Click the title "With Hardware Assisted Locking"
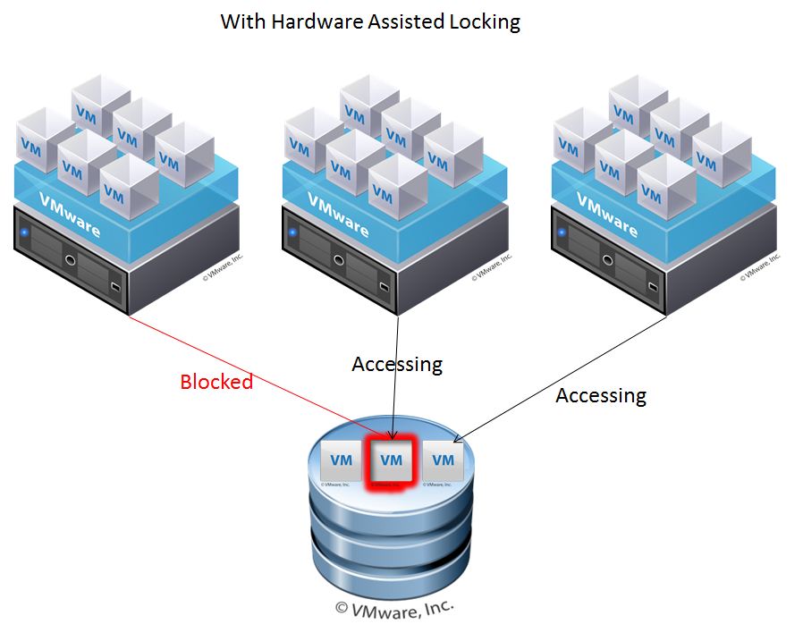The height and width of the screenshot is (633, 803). pyautogui.click(x=370, y=21)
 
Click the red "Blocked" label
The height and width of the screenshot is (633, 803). pyautogui.click(x=216, y=382)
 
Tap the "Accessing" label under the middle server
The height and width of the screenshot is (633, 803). pyautogui.click(x=397, y=364)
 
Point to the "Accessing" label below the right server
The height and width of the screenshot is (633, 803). pyautogui.click(x=601, y=395)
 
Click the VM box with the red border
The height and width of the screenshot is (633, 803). pyautogui.click(x=392, y=460)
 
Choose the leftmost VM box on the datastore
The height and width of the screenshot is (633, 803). pyautogui.click(x=341, y=460)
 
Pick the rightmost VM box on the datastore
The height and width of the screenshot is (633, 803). pyautogui.click(x=443, y=460)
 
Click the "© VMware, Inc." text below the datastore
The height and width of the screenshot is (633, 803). pyautogui.click(x=394, y=608)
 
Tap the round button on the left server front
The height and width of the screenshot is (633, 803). pyautogui.click(x=70, y=261)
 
